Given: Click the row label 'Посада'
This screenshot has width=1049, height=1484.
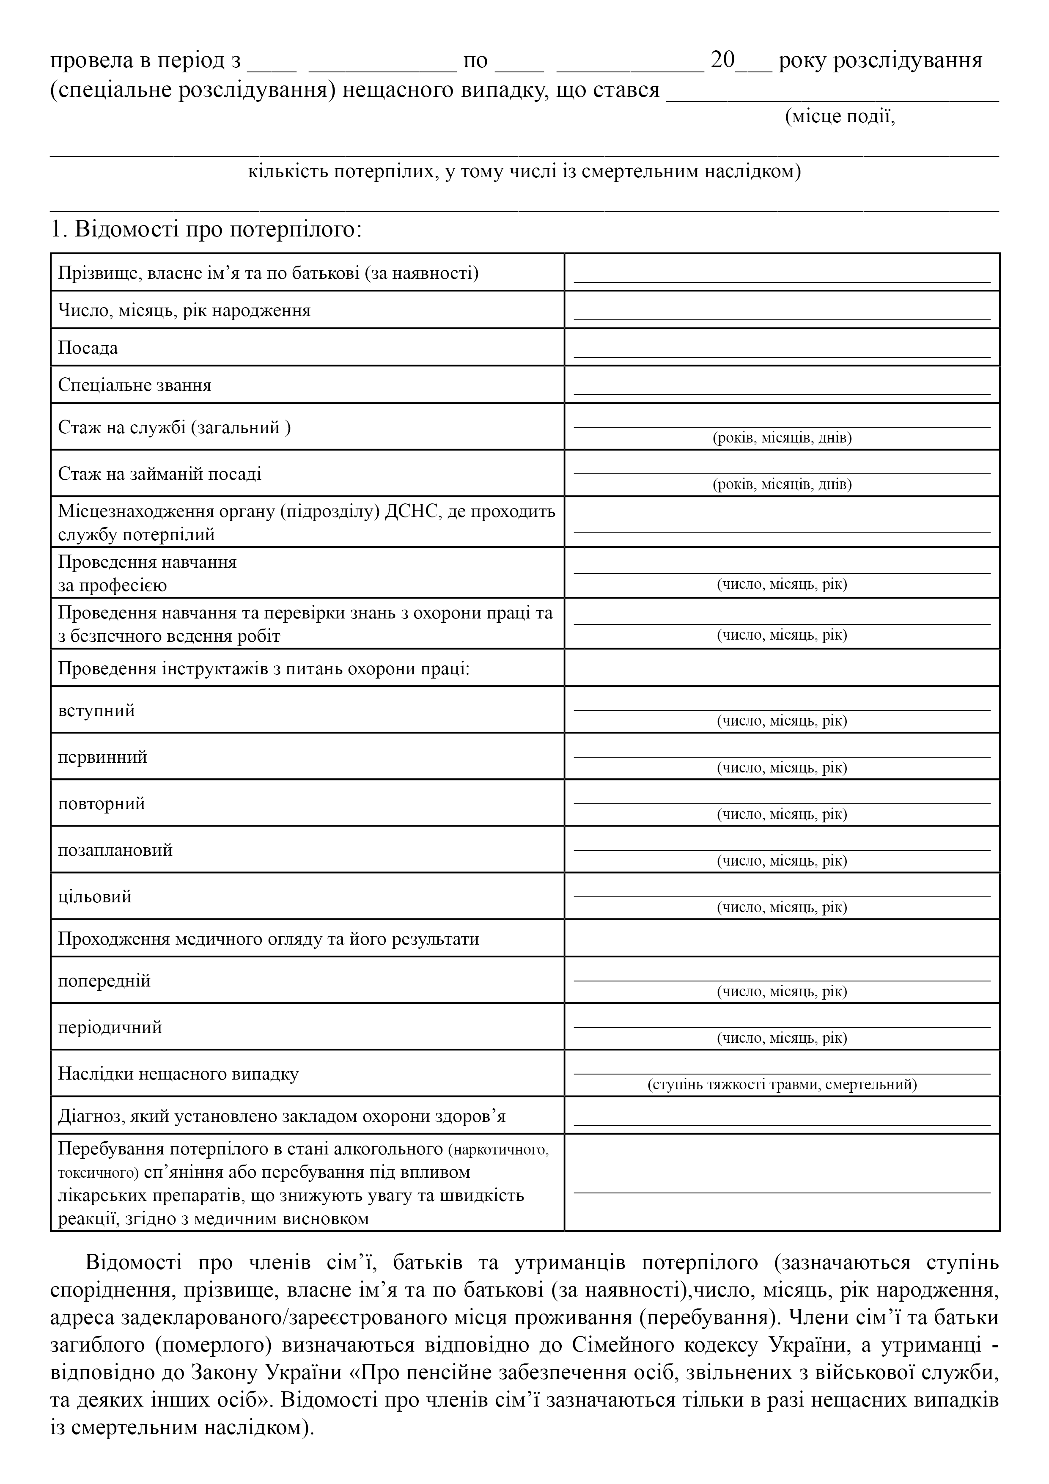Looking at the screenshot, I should [88, 349].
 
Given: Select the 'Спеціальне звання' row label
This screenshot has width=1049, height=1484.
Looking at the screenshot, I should [135, 385].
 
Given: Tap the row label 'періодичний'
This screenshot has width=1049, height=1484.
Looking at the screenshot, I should [110, 1027].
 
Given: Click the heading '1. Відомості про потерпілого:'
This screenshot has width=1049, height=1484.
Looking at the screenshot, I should [206, 229].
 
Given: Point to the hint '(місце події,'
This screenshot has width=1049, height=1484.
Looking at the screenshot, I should [840, 118].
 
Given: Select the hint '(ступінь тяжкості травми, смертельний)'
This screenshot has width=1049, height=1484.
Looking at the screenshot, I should [782, 1085].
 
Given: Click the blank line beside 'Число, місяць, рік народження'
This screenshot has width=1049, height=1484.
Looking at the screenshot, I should [782, 314].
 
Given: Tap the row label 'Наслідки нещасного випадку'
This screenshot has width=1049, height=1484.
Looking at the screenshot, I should [178, 1074].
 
